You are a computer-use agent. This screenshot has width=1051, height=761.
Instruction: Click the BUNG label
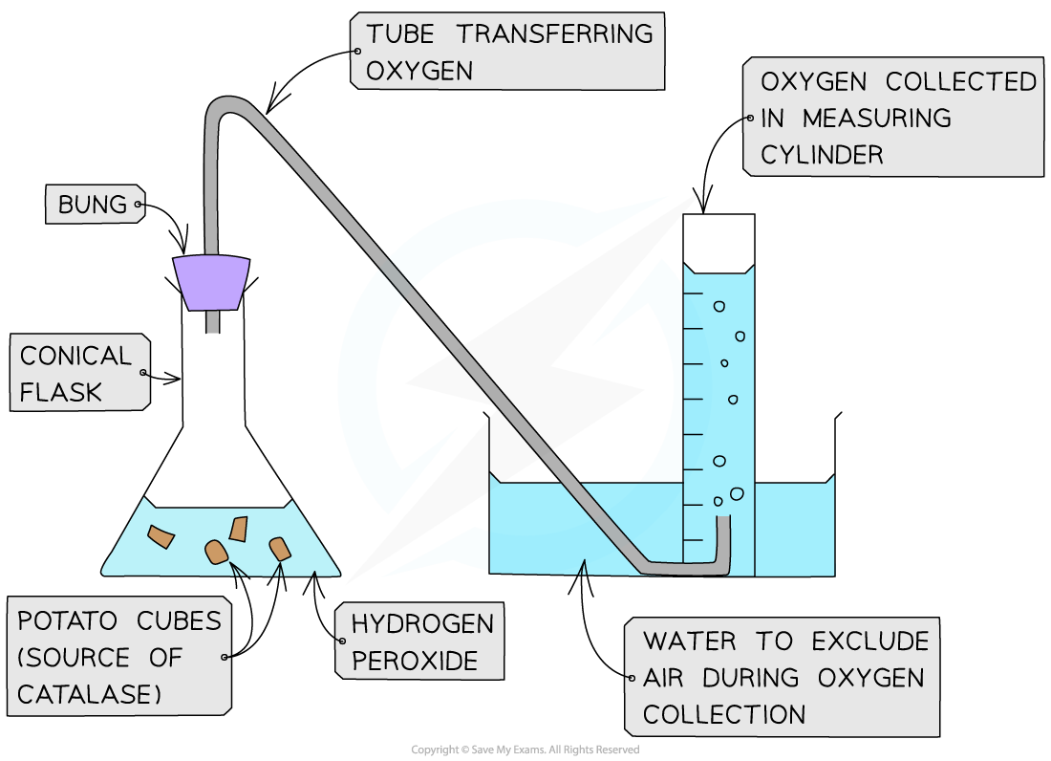pos(93,205)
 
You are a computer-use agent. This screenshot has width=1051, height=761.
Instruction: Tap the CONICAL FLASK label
pos(76,372)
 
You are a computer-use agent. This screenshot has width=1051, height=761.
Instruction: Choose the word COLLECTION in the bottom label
pos(724,713)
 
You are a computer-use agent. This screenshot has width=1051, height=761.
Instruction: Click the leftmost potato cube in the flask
pos(161,537)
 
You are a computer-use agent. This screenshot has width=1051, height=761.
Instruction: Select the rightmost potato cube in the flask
pos(279,548)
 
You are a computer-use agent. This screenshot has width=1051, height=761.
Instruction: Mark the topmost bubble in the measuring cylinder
pos(719,306)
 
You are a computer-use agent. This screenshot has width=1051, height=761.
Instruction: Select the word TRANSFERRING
pos(554,34)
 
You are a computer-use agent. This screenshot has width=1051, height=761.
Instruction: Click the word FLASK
pos(60,391)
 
